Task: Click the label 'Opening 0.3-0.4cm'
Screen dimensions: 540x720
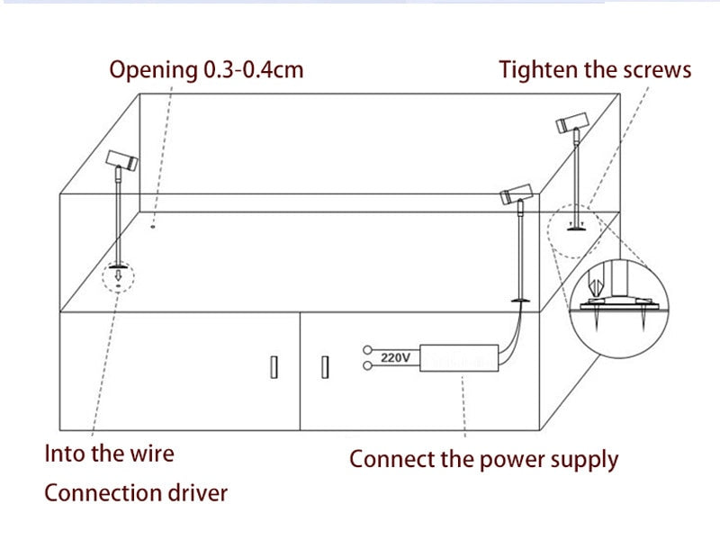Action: coord(206,69)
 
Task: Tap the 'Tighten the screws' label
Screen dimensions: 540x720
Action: coord(596,69)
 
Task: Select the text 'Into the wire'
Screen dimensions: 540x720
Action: coord(110,452)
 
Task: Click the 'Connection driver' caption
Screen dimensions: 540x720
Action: coord(136,492)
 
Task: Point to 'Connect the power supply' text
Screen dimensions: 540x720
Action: coord(483,459)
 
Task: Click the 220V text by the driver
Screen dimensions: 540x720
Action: coord(395,357)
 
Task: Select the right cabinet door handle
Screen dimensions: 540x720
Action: coord(325,367)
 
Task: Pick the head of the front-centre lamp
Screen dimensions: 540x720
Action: coord(517,192)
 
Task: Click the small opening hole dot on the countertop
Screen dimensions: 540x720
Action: coord(153,225)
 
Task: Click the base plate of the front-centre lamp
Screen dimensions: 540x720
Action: coord(518,300)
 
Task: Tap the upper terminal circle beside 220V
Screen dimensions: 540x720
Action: coord(366,349)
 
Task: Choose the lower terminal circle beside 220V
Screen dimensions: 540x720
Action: coord(366,365)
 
